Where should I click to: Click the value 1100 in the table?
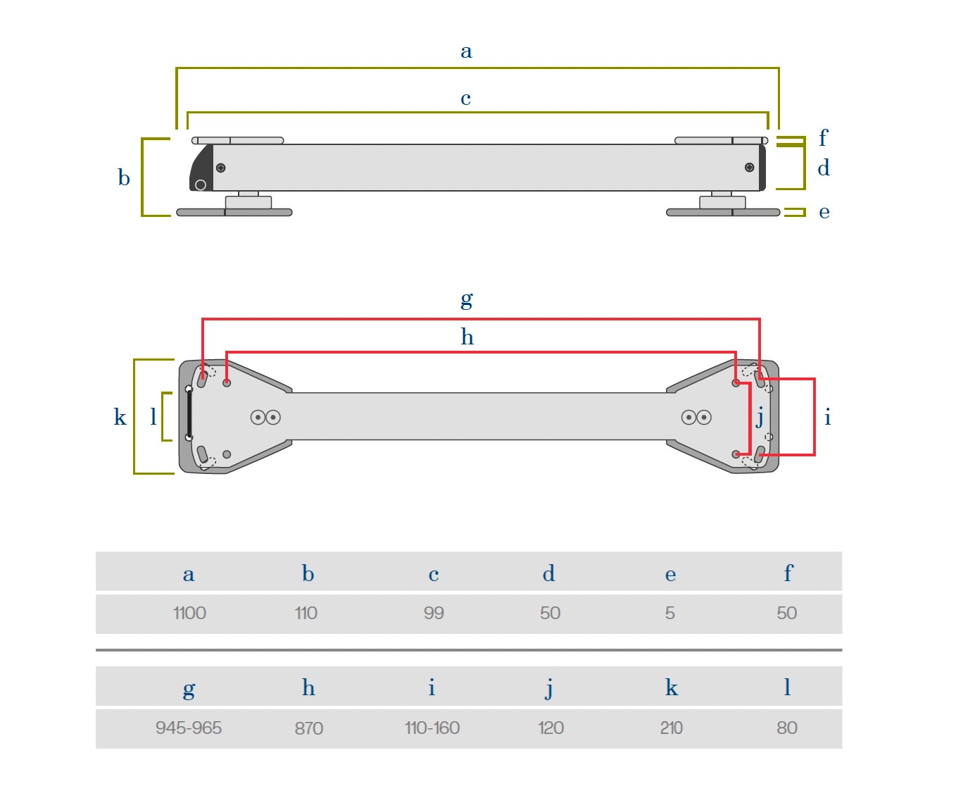pyautogui.click(x=189, y=613)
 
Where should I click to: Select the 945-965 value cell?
pyautogui.click(x=189, y=728)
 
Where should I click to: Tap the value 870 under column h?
pyautogui.click(x=308, y=728)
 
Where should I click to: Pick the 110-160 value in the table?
pyautogui.click(x=432, y=728)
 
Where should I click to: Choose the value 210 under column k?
pyautogui.click(x=671, y=728)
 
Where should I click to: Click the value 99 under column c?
pyautogui.click(x=434, y=613)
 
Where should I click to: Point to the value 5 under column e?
pyautogui.click(x=669, y=613)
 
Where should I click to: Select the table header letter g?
pyautogui.click(x=189, y=689)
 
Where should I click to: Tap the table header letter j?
pyautogui.click(x=549, y=688)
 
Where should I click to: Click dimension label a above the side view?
pyautogui.click(x=466, y=51)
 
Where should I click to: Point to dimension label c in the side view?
pyautogui.click(x=465, y=99)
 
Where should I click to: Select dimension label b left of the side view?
pyautogui.click(x=124, y=177)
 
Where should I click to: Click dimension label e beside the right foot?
pyautogui.click(x=824, y=212)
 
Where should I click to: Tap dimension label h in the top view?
pyautogui.click(x=467, y=337)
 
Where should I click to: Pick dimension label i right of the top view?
pyautogui.click(x=827, y=418)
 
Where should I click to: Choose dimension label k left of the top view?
pyautogui.click(x=120, y=417)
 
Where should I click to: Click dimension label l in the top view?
pyautogui.click(x=153, y=417)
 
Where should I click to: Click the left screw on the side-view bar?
pyautogui.click(x=220, y=168)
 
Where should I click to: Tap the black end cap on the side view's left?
pyautogui.click(x=201, y=169)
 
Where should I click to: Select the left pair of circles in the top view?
pyautogui.click(x=265, y=418)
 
